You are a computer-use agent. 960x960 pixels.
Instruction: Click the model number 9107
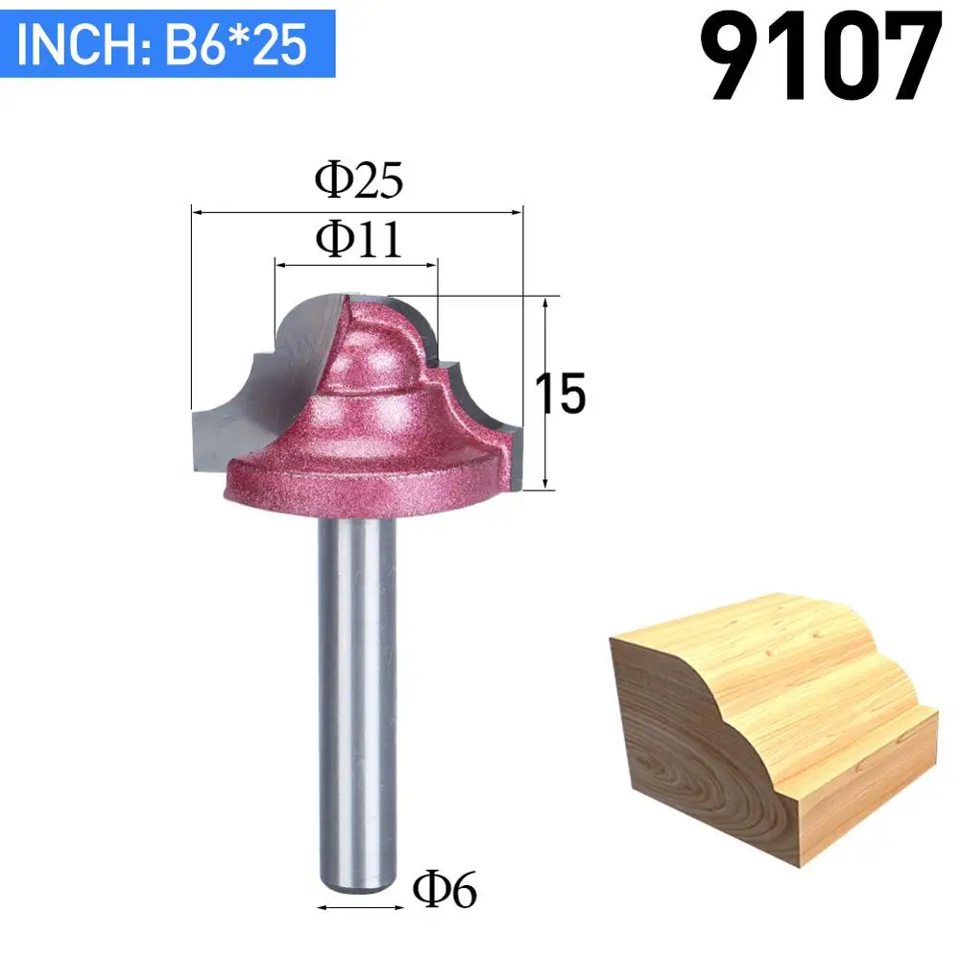(821, 57)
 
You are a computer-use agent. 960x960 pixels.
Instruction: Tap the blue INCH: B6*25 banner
(167, 43)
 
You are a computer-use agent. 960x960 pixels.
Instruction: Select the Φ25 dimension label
(359, 180)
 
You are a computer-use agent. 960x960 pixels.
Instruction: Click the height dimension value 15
(561, 393)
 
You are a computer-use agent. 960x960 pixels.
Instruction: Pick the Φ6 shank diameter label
(444, 890)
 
